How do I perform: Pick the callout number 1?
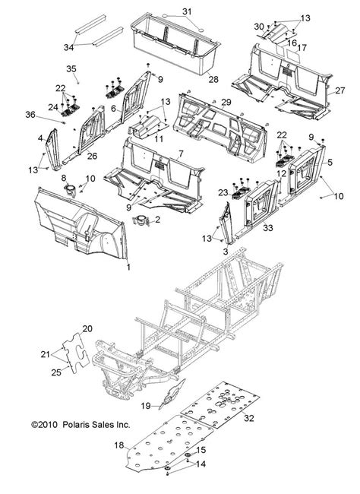click(x=128, y=267)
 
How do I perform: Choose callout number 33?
click(x=267, y=227)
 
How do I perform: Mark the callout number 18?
click(x=118, y=446)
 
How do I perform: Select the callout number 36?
click(x=52, y=114)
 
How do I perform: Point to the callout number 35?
click(x=73, y=69)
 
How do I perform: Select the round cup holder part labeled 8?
click(x=68, y=190)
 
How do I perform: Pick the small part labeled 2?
click(x=141, y=220)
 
